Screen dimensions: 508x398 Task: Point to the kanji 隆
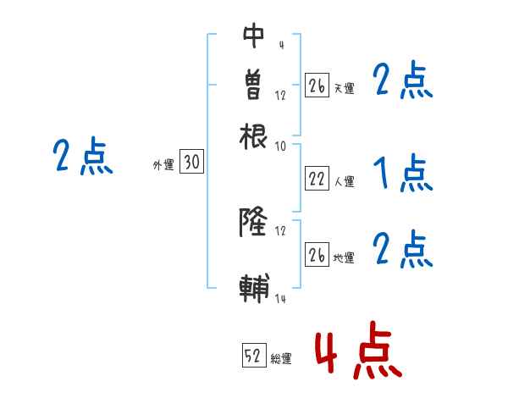click(254, 223)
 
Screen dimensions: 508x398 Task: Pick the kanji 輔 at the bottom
click(254, 288)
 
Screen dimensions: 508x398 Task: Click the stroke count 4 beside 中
click(281, 44)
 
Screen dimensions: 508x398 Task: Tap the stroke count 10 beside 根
click(281, 146)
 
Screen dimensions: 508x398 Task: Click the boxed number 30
click(192, 163)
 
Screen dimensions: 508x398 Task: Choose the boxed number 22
click(317, 178)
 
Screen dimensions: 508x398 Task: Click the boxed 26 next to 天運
click(317, 86)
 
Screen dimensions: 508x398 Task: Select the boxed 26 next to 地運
click(317, 255)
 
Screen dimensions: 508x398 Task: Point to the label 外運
click(163, 166)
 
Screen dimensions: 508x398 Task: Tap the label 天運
click(344, 88)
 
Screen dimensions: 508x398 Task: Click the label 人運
click(344, 181)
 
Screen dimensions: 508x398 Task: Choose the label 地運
click(344, 258)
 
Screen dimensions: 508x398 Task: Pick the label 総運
click(281, 359)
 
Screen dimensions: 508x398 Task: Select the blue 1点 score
click(403, 174)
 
